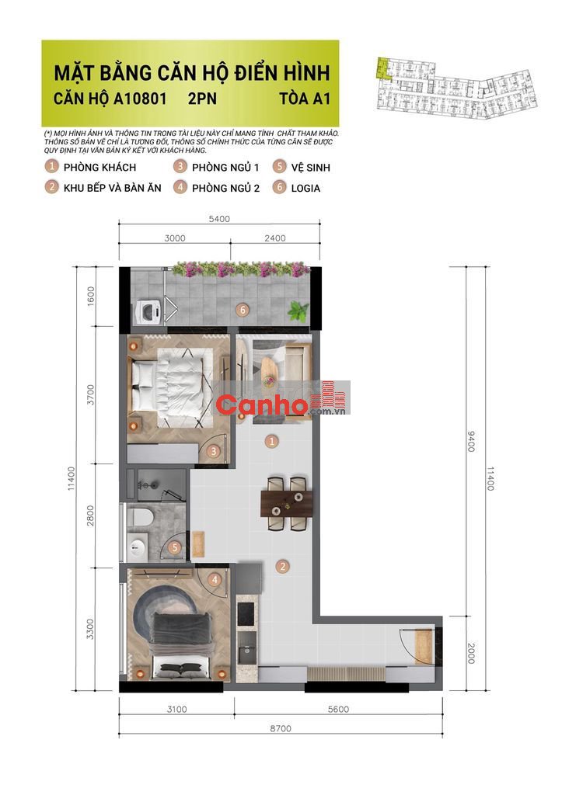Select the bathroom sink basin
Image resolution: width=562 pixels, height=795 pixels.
(x=137, y=547)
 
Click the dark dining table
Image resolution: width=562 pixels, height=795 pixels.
(x=286, y=503)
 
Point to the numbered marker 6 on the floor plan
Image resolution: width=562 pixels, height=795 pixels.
(x=243, y=310)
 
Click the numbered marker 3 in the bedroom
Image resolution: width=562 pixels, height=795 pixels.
(x=214, y=451)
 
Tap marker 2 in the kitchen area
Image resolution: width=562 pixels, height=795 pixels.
(x=283, y=567)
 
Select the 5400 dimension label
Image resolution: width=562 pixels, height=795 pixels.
(x=219, y=219)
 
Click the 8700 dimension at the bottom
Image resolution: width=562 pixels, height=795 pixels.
(x=281, y=728)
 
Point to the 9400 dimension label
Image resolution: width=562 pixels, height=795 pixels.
(x=470, y=442)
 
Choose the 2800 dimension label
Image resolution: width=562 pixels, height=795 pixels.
(x=90, y=516)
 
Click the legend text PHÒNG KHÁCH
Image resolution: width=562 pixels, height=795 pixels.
(x=100, y=168)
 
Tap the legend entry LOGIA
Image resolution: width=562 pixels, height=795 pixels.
(x=305, y=188)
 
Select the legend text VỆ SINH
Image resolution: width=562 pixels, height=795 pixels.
(x=311, y=168)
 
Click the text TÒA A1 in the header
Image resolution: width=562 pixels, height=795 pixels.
(x=305, y=99)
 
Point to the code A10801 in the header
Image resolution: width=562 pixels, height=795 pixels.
(x=140, y=99)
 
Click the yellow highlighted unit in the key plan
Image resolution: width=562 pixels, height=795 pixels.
(x=382, y=68)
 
